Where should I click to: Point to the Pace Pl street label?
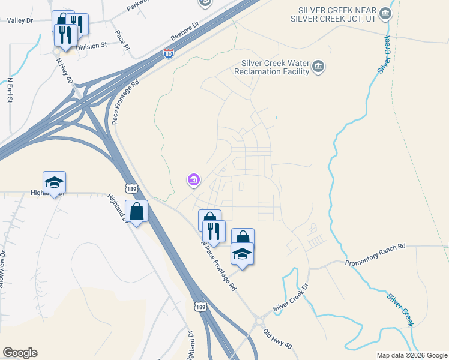click(x=123, y=38)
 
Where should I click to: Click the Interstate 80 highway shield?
click(x=169, y=54)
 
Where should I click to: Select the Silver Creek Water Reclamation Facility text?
click(x=274, y=67)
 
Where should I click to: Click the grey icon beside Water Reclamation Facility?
click(x=318, y=67)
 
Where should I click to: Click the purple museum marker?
click(x=193, y=179)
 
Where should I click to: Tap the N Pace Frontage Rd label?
click(x=219, y=265)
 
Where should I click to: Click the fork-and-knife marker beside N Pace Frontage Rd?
click(x=214, y=231)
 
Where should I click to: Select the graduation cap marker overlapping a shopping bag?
click(x=242, y=253)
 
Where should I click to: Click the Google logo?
click(x=20, y=353)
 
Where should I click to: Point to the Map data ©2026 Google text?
click(x=411, y=355)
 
